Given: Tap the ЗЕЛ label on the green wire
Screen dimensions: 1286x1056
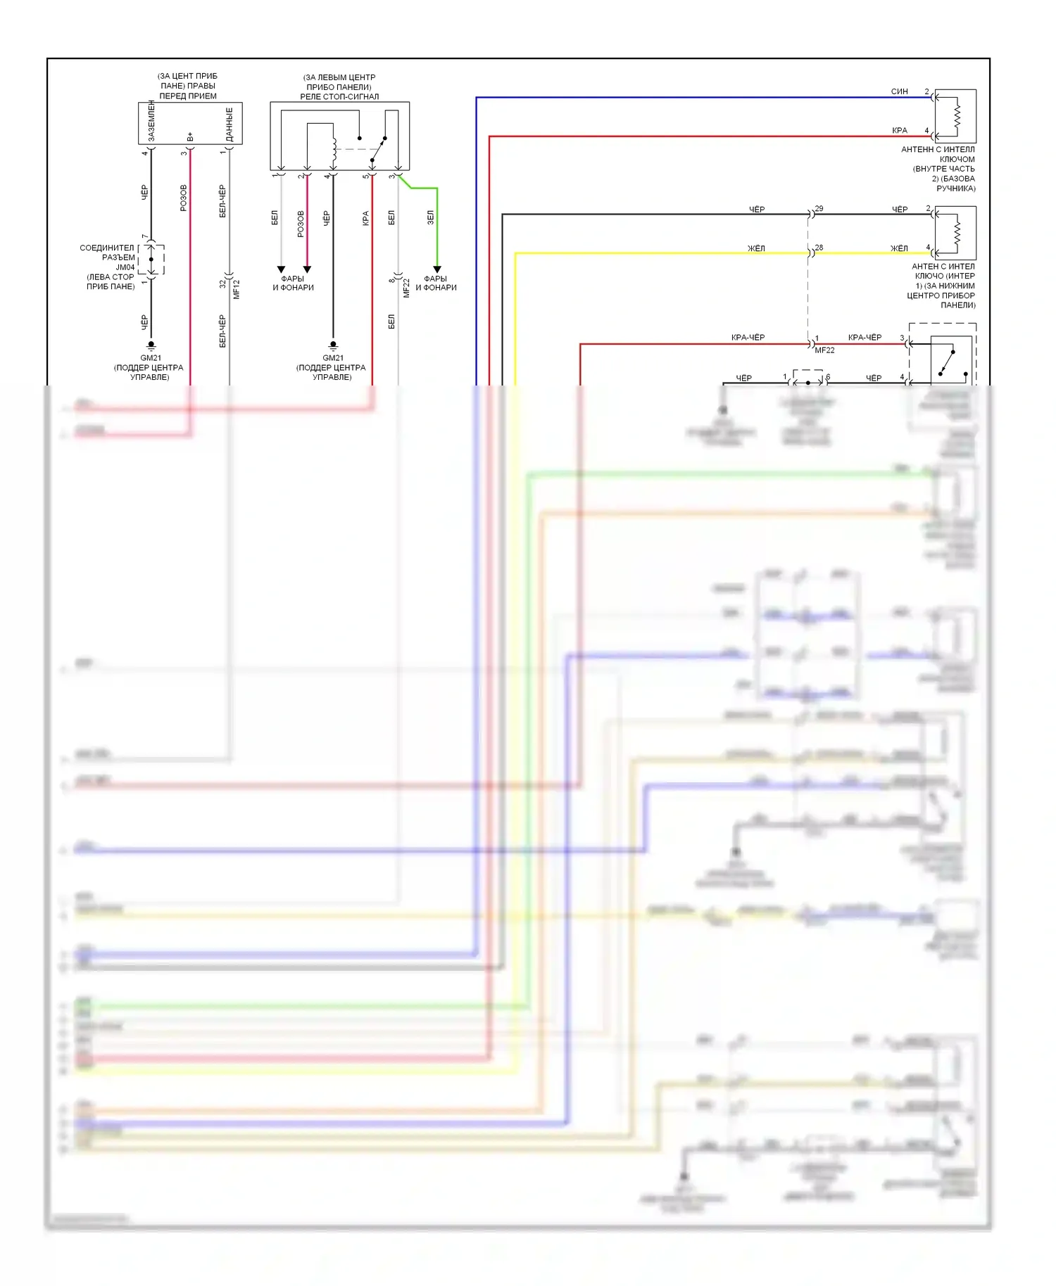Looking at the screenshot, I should tap(430, 218).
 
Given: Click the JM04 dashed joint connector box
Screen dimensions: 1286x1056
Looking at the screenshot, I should tap(151, 260).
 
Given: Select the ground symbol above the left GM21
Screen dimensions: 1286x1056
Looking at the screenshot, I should tap(151, 345).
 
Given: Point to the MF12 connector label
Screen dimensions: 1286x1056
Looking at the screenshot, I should tap(237, 289).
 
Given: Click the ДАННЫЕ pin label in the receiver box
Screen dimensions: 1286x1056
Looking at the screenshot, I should tap(230, 124).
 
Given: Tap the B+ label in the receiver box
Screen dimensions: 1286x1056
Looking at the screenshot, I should tap(190, 136).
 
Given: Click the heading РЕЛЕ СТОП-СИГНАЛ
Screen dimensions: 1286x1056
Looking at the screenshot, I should tap(339, 96).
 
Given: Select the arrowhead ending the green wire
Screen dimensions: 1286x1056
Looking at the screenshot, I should tap(436, 269).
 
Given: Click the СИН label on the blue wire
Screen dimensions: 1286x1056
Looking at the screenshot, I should tap(899, 91).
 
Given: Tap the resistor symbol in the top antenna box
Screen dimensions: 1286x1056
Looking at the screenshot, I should tap(956, 116).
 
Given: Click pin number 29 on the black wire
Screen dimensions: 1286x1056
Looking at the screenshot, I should tap(819, 209).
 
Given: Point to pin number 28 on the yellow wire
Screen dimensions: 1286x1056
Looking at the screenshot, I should tap(819, 248).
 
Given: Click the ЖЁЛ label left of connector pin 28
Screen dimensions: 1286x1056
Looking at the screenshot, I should tap(756, 248).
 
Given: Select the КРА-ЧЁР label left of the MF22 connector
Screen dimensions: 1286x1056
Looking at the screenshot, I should tap(748, 338).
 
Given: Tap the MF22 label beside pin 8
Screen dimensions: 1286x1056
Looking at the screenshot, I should tap(406, 288).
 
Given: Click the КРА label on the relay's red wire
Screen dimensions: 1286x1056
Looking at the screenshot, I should tap(365, 218).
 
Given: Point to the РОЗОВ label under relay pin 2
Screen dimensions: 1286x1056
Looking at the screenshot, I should tap(301, 224).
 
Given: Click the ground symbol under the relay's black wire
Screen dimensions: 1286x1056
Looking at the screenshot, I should tap(333, 345).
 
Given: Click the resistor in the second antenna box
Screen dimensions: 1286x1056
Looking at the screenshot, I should tap(956, 233).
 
